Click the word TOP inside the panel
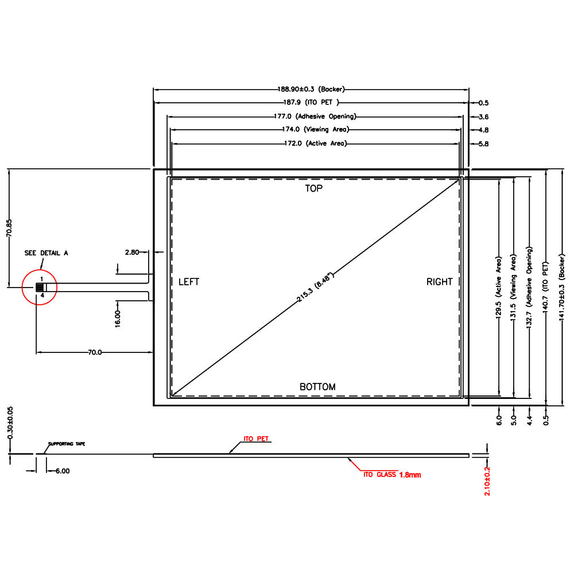(x=314, y=188)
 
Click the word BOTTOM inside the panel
(x=317, y=387)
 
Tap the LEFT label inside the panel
(x=189, y=282)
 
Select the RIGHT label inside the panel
(x=439, y=282)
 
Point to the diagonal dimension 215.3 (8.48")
(x=315, y=288)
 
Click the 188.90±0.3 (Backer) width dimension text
(x=311, y=89)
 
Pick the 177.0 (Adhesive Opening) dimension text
(x=315, y=117)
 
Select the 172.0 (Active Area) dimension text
(x=316, y=143)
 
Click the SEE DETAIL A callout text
(x=46, y=253)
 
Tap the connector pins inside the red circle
(x=40, y=288)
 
